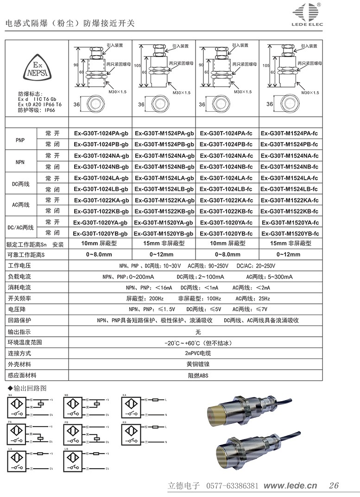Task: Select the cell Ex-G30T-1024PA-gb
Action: pyautogui.click(x=101, y=133)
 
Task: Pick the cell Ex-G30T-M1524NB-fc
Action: pyautogui.click(x=290, y=166)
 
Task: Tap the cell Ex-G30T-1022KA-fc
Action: pyautogui.click(x=227, y=200)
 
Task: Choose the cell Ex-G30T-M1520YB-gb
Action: pyautogui.click(x=164, y=233)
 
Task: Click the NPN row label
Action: pyautogui.click(x=20, y=161)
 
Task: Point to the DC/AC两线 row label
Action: pyautogui.click(x=21, y=228)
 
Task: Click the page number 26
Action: pyautogui.click(x=334, y=485)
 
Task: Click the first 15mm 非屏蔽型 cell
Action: pyautogui.click(x=164, y=243)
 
